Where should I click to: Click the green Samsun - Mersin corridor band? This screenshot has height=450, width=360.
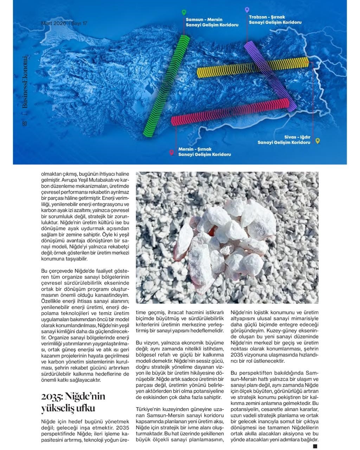166,86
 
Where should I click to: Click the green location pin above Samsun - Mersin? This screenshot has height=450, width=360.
184,13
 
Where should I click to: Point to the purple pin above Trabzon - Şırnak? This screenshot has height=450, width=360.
247,10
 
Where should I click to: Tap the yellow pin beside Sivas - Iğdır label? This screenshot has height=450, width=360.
317,141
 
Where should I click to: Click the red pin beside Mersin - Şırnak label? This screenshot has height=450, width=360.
172,152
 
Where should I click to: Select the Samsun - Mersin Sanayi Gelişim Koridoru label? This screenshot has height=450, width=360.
212,22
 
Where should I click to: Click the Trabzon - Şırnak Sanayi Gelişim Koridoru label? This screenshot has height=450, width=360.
275,19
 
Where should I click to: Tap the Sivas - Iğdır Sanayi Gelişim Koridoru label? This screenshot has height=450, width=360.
284,140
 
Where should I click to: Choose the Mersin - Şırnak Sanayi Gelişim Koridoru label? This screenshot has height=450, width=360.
204,152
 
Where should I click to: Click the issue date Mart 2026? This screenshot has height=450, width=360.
53,23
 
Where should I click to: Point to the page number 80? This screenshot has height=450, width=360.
24,123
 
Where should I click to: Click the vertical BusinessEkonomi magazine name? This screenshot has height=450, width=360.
24,82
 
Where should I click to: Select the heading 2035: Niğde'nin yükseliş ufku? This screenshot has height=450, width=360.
73,402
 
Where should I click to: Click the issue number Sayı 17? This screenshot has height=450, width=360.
79,23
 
